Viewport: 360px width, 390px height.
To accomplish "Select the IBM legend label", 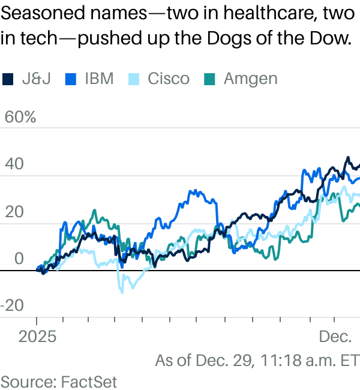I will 99,79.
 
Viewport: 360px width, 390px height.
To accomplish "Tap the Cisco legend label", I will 169,79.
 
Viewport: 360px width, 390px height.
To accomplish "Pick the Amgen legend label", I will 250,79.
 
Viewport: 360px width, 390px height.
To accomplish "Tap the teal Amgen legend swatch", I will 210,79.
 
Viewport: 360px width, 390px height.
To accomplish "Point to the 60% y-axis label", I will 20,118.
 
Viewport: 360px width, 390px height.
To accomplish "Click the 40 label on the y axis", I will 14,164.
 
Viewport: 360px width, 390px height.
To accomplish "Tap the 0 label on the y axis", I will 19,259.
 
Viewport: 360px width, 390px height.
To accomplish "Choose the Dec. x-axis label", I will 335,337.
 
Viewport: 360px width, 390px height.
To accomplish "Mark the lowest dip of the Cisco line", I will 122,292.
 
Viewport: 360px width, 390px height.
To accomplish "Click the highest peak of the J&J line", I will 347,158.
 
